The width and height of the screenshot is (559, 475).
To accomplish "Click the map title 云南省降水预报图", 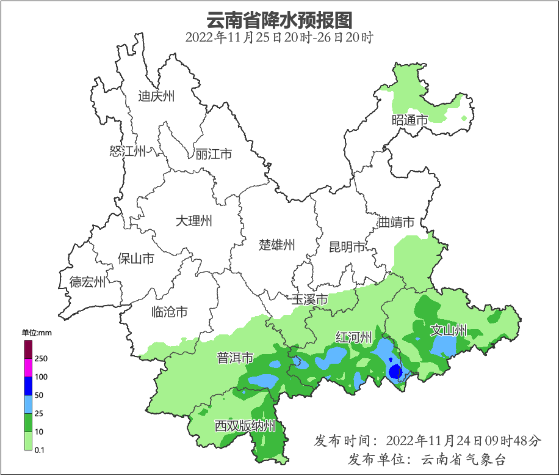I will click(x=279, y=20).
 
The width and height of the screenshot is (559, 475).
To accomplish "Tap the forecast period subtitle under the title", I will click(x=279, y=37).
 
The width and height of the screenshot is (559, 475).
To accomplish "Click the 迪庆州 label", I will click(x=156, y=96).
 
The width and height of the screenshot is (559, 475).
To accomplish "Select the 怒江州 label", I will click(x=128, y=151).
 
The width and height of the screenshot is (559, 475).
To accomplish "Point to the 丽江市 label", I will click(x=214, y=154).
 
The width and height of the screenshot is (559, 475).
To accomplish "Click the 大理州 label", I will click(x=193, y=221).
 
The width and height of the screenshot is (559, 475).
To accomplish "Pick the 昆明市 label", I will click(x=347, y=247).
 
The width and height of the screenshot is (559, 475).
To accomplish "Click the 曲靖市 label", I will click(x=396, y=222).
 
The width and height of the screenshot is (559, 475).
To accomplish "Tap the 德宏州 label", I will click(x=87, y=282).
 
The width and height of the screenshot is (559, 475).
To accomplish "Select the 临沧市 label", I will click(x=169, y=312).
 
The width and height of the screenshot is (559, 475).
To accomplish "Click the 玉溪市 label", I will click(x=309, y=300).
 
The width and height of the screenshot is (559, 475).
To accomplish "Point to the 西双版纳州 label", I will click(x=245, y=426).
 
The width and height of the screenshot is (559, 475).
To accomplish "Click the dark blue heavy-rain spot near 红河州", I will click(x=395, y=370).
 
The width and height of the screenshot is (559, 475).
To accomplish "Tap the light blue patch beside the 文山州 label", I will click(x=444, y=347).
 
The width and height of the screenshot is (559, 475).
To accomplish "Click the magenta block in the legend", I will click(x=28, y=367).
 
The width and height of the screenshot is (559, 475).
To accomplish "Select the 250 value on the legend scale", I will click(x=41, y=358).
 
